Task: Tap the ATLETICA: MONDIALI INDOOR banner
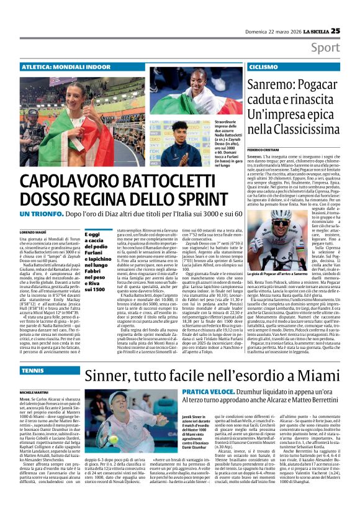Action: (60, 66)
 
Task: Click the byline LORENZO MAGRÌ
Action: (34, 231)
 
